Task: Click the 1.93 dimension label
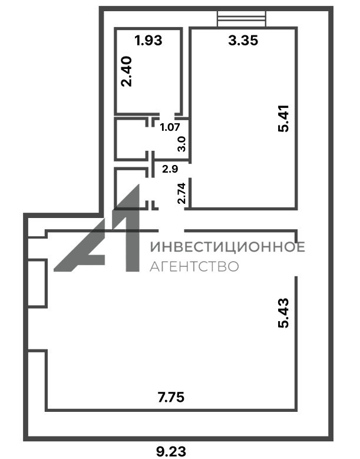(148, 41)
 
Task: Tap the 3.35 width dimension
(243, 41)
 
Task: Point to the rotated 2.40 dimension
(127, 72)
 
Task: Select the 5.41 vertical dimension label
(283, 118)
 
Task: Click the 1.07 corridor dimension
(170, 127)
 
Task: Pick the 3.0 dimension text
(181, 144)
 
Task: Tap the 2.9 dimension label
(170, 169)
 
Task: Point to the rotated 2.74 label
(181, 193)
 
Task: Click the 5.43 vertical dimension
(283, 313)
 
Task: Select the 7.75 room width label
(171, 398)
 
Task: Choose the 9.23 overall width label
(171, 451)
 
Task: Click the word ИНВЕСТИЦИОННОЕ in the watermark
(227, 247)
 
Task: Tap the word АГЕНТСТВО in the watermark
(194, 266)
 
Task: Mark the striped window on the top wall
(242, 19)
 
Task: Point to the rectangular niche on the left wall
(37, 283)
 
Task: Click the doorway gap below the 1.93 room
(166, 114)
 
